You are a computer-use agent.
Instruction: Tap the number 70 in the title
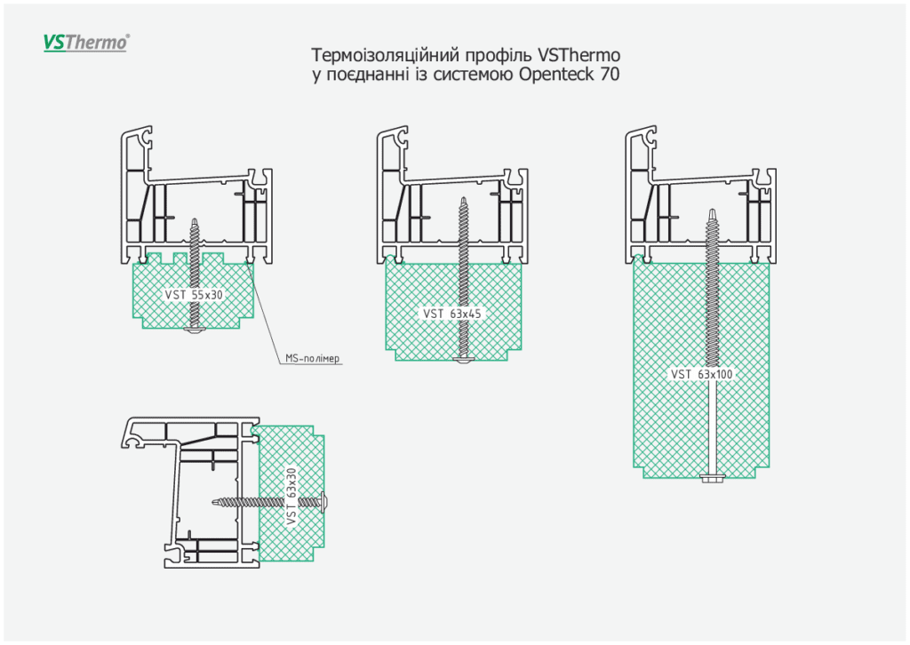(609, 76)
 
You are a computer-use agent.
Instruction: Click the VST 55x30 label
(193, 294)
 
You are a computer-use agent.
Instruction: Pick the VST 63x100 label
(702, 374)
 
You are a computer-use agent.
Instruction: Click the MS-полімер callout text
(313, 359)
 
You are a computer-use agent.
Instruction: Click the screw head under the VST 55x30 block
(194, 330)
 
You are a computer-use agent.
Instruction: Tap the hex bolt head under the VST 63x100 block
(713, 479)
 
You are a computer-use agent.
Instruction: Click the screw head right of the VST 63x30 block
(324, 501)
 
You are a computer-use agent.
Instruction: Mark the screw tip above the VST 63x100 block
(713, 211)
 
